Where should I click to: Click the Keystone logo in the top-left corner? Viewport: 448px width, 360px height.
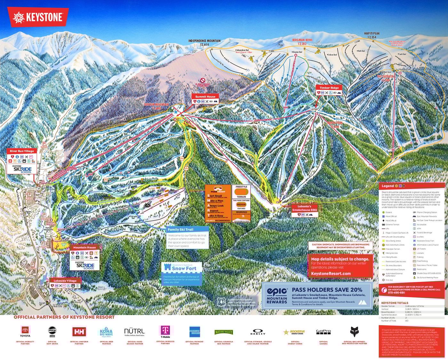(x=38, y=17)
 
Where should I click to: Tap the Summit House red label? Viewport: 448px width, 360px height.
(x=205, y=96)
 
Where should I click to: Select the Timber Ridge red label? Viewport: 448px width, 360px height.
(x=329, y=88)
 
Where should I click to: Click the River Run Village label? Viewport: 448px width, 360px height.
(x=21, y=151)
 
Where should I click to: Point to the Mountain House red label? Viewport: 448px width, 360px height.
(x=84, y=247)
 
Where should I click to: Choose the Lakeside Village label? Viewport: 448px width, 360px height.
(x=65, y=281)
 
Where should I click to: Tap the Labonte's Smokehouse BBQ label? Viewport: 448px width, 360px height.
(x=304, y=208)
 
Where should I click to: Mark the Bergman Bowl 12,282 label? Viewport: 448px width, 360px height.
(x=302, y=42)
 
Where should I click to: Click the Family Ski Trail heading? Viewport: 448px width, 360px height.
(x=180, y=229)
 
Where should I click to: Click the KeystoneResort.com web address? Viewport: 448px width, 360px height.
(x=331, y=274)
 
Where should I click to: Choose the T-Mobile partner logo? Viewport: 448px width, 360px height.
(x=165, y=331)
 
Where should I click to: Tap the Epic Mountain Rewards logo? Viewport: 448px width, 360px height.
(x=277, y=295)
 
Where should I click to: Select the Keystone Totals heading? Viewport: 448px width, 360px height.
(x=395, y=303)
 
